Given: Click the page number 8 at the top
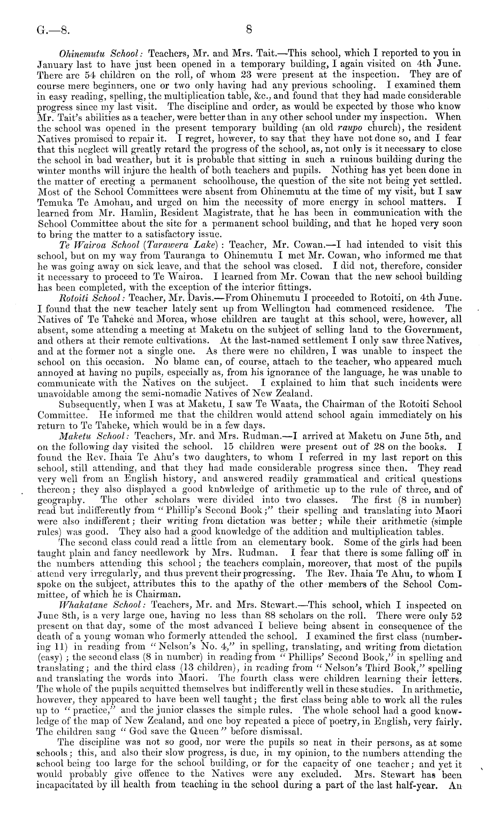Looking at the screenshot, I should [x=249, y=30].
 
